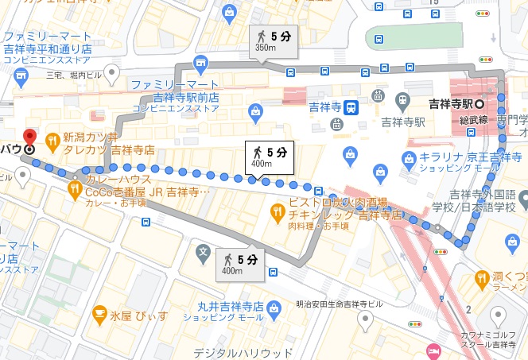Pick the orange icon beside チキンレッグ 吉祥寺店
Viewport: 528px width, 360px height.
click(276, 211)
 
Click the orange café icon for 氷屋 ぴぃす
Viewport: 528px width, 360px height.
click(100, 314)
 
